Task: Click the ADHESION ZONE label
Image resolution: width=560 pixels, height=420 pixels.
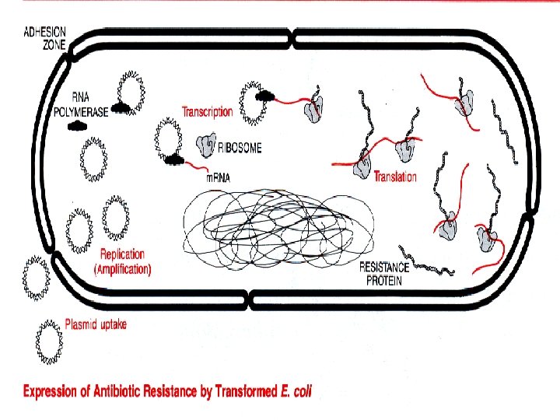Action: tap(45, 37)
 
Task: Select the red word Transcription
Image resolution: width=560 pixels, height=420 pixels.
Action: tap(207, 111)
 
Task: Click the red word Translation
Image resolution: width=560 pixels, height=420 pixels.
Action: tap(395, 177)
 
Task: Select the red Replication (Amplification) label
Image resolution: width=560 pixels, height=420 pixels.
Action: tap(122, 261)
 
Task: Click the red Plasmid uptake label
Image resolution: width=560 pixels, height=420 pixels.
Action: tap(96, 325)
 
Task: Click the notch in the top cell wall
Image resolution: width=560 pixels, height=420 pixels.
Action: tap(291, 37)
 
